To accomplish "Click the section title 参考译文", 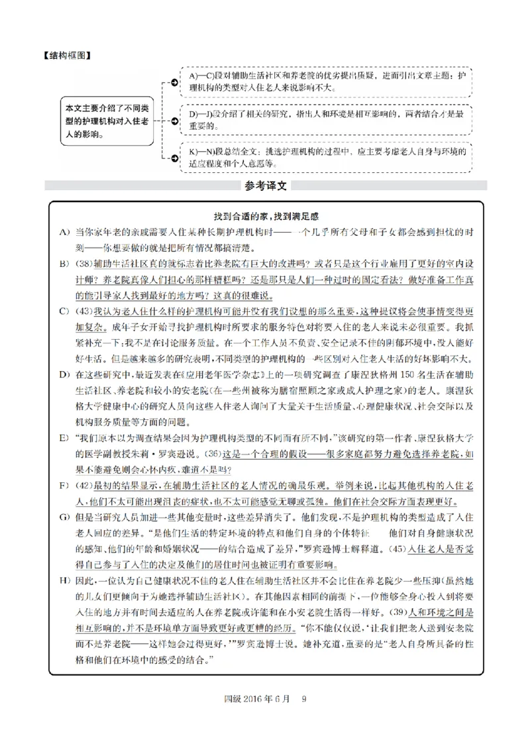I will pos(265,185).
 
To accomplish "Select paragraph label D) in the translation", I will pos(64,375).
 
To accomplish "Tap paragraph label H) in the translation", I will pos(64,581).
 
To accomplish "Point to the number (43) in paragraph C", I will pos(84,312).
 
